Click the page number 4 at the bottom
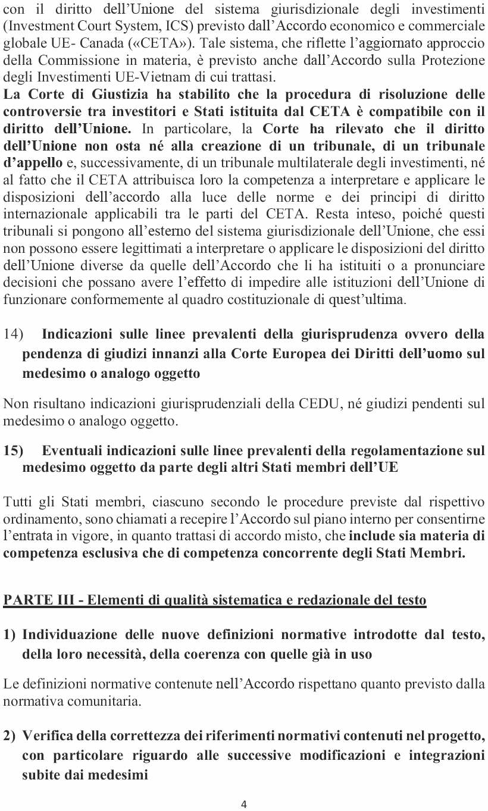[x=244, y=804]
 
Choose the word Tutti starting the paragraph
[x=17, y=502]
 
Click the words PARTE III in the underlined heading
[x=38, y=600]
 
